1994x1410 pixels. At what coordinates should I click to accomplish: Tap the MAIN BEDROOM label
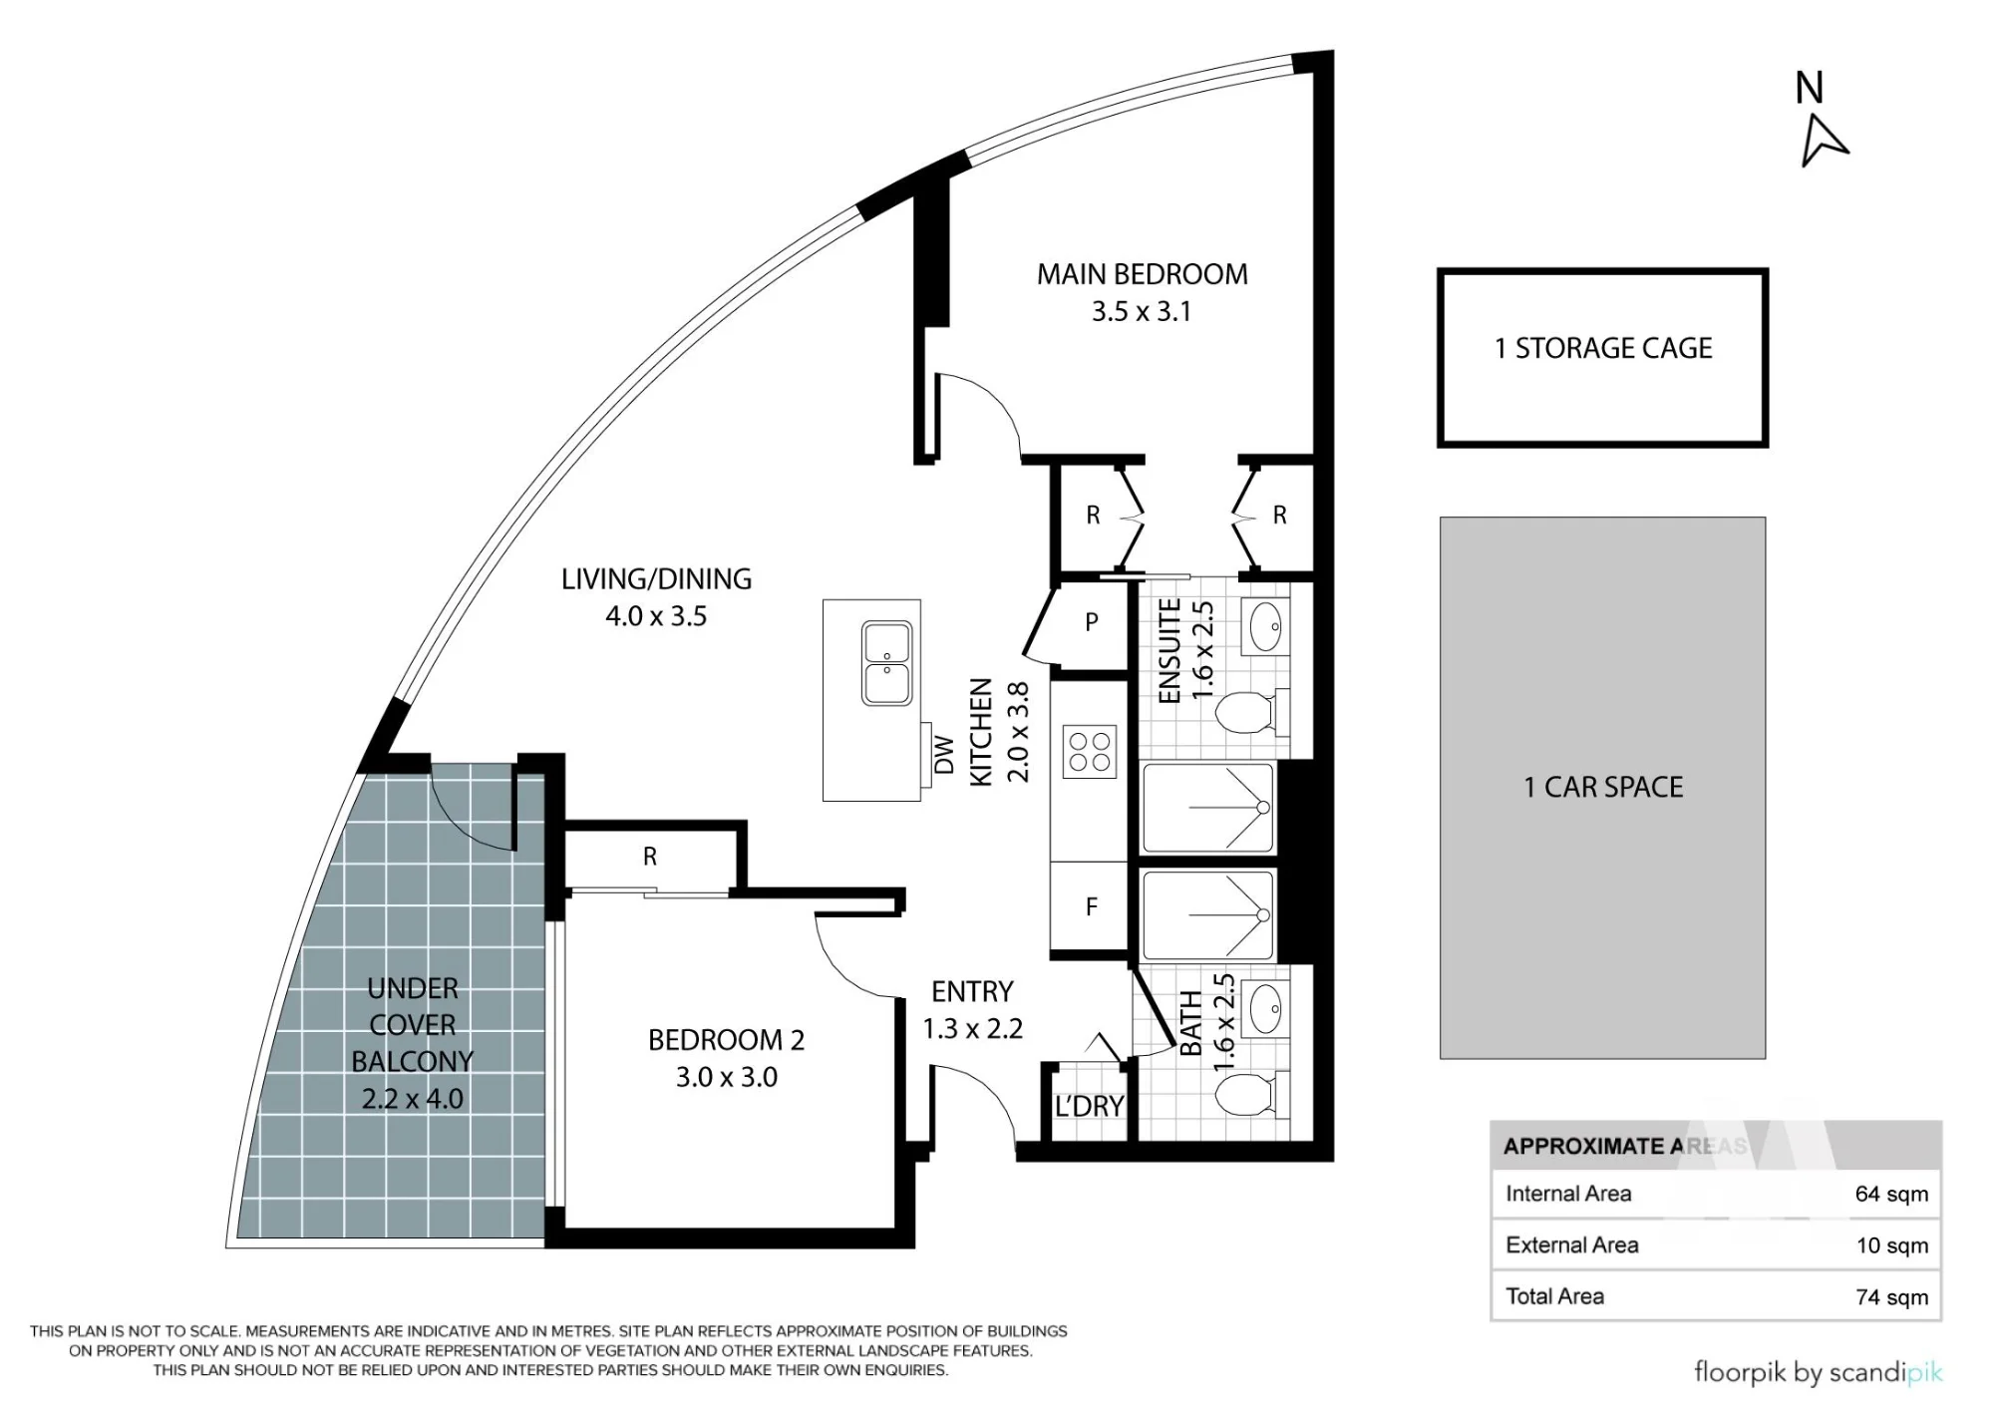(1142, 274)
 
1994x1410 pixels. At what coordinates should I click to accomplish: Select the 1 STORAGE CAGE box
(1602, 357)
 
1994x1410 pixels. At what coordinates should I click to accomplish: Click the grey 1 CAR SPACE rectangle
(1602, 787)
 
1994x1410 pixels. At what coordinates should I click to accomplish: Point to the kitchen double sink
(886, 663)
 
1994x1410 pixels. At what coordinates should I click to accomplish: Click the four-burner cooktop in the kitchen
(1089, 752)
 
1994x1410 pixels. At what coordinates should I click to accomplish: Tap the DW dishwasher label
(943, 755)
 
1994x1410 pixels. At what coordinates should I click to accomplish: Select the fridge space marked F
(1091, 907)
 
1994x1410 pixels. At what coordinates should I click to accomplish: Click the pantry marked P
(1091, 622)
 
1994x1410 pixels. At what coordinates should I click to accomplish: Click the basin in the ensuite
(1266, 626)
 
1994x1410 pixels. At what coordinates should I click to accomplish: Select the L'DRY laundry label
(1089, 1106)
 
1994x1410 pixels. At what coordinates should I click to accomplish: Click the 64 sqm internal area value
(1891, 1194)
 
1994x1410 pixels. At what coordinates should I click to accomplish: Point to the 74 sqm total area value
(1891, 1296)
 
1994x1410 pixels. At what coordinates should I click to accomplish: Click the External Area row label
(1572, 1244)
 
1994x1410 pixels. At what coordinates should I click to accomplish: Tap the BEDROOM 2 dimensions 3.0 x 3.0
(727, 1077)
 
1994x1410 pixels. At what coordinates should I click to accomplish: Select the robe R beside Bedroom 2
(650, 857)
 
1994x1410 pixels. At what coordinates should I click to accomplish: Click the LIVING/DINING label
(656, 578)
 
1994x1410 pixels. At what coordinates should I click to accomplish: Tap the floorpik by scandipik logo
(1819, 1373)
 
